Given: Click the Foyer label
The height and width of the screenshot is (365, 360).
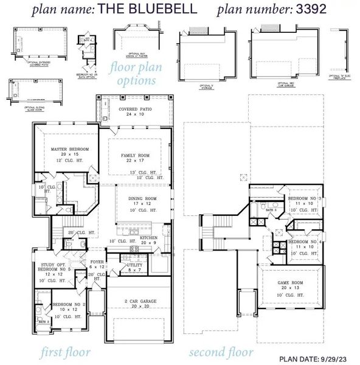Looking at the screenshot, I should [97, 263].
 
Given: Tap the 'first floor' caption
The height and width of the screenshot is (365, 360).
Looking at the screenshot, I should [66, 352].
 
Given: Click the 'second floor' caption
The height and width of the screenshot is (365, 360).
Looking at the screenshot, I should [221, 352].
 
